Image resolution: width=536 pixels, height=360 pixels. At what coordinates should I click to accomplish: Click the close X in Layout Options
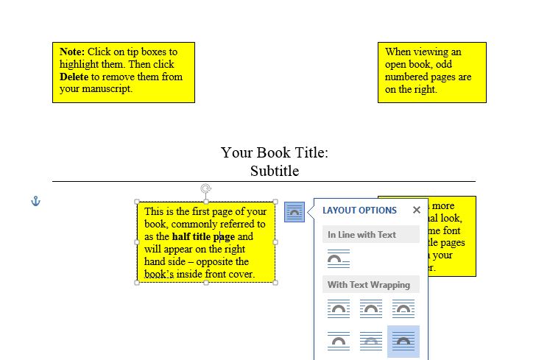tap(417, 210)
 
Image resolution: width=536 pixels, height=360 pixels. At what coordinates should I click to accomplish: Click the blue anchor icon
tap(35, 201)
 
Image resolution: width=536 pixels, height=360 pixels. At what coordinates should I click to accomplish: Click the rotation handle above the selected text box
tap(206, 189)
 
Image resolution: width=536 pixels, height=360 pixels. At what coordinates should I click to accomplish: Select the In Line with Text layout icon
tap(339, 259)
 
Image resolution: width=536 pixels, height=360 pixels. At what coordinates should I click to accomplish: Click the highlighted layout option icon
tap(403, 341)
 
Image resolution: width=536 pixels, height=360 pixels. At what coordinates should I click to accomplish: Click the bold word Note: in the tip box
tap(72, 52)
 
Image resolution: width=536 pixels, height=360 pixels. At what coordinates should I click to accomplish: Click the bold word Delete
tap(74, 77)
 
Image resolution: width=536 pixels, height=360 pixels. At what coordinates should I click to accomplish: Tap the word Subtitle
tap(275, 171)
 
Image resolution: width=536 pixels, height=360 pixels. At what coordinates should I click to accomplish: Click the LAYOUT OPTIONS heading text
tap(359, 211)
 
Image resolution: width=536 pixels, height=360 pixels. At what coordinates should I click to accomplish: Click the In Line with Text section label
tap(362, 235)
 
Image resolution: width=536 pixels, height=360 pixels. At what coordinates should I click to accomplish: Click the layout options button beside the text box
tap(295, 212)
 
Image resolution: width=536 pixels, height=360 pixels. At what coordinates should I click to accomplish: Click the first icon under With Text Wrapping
tap(339, 309)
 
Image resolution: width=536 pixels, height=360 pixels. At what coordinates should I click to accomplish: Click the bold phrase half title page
tap(203, 236)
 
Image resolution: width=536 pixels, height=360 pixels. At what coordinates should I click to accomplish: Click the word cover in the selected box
tap(238, 274)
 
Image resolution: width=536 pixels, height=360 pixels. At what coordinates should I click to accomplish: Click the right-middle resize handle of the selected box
tap(275, 241)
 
